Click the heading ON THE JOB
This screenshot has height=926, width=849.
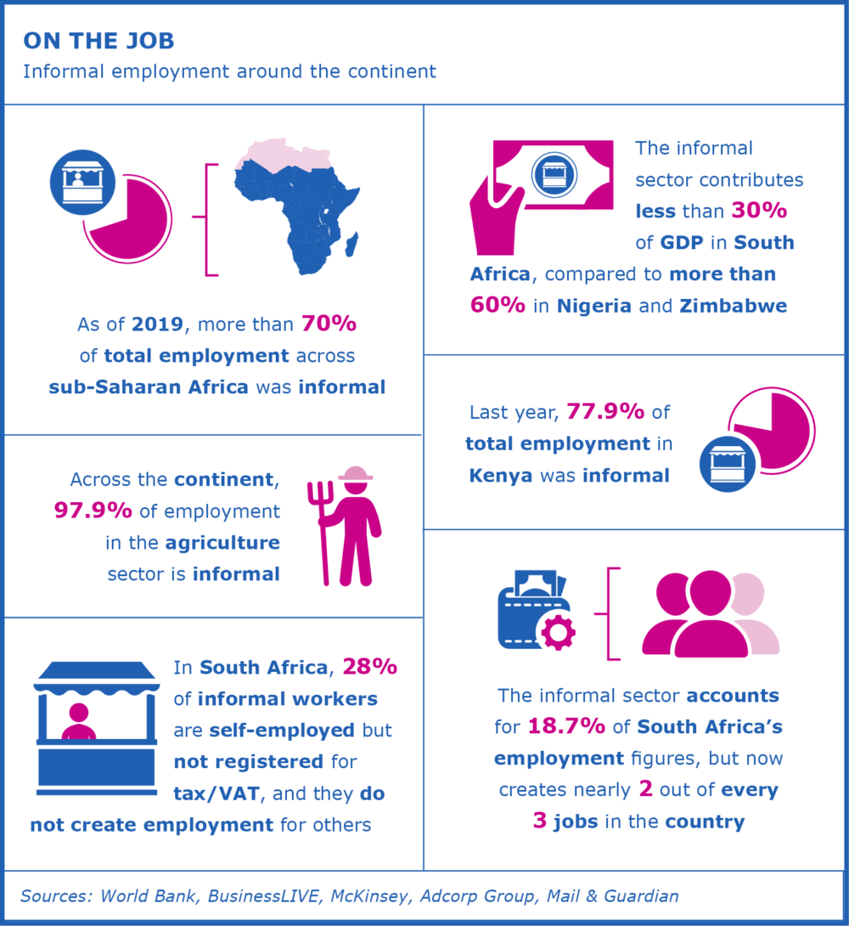click(99, 41)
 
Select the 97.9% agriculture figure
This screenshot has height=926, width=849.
click(93, 511)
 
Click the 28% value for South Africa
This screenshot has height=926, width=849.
click(368, 668)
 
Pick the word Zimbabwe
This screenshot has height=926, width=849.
click(733, 306)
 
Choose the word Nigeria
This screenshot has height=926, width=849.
click(593, 306)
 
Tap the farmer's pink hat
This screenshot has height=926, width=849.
click(356, 473)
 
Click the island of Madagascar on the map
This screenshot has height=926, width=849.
click(350, 244)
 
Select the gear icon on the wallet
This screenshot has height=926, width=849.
click(558, 630)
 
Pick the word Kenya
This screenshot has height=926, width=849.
click(500, 475)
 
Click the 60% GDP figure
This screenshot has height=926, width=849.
click(498, 306)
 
